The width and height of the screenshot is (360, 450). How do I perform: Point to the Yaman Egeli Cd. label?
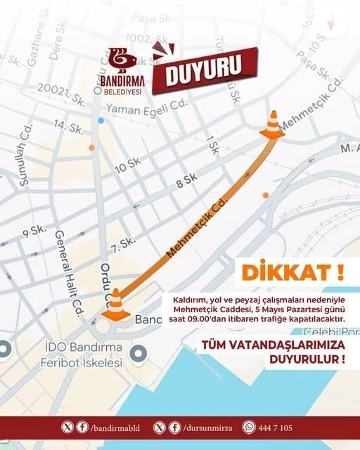coord(148,109)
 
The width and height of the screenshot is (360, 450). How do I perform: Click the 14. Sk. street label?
coord(69,127)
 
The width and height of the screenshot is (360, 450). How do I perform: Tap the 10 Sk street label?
coord(127,165)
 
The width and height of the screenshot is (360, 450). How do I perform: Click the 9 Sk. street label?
coord(34,230)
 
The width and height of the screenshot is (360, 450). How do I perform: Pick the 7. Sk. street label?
coord(123,243)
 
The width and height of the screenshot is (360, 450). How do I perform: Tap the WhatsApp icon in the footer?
coord(248,427)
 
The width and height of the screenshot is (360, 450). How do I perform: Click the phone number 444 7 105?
coord(276,427)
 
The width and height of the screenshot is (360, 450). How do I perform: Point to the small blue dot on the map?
coord(101,120)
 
